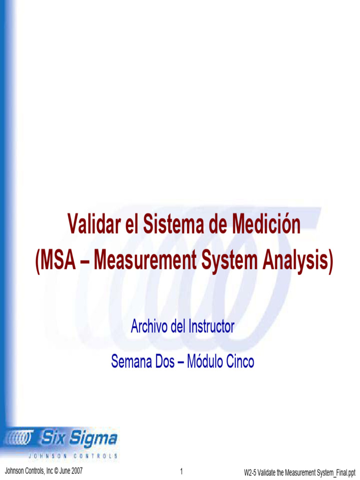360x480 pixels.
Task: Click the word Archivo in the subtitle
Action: (149, 326)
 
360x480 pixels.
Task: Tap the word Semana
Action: (132, 361)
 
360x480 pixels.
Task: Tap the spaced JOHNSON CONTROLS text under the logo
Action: (73, 455)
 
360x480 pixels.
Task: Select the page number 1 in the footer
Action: (181, 471)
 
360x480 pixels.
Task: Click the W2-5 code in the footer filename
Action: (251, 472)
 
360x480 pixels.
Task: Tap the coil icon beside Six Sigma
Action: (19, 439)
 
